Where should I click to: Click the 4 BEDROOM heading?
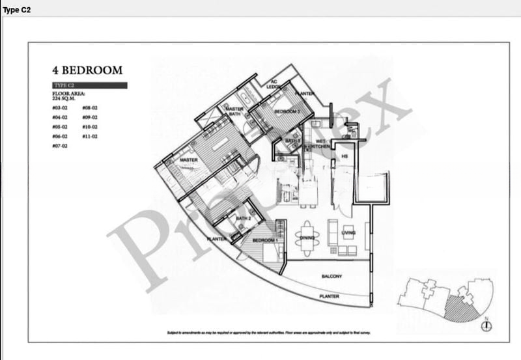click(x=87, y=70)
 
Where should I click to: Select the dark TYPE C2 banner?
click(x=89, y=85)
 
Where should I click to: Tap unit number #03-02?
click(x=61, y=107)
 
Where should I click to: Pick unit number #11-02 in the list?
click(x=90, y=137)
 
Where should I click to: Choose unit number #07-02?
click(x=61, y=146)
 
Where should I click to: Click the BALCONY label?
click(x=331, y=277)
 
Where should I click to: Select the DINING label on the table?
click(x=309, y=238)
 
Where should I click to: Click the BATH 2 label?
click(x=244, y=219)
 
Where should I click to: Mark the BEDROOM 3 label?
click(x=287, y=112)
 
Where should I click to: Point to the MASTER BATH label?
click(x=234, y=112)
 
